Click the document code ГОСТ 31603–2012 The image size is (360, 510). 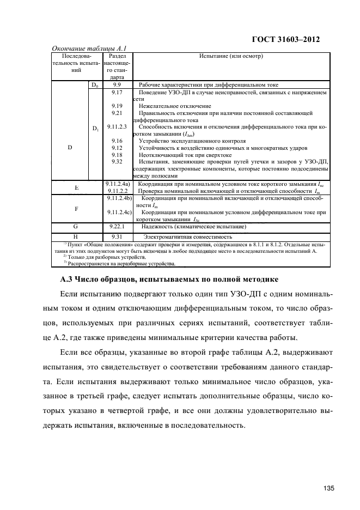click(x=286, y=40)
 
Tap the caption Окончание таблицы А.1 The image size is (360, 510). click(x=89, y=48)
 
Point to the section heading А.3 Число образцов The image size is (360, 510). click(x=169, y=280)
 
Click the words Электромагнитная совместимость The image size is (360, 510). click(x=187, y=237)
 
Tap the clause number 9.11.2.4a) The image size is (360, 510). click(x=117, y=184)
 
